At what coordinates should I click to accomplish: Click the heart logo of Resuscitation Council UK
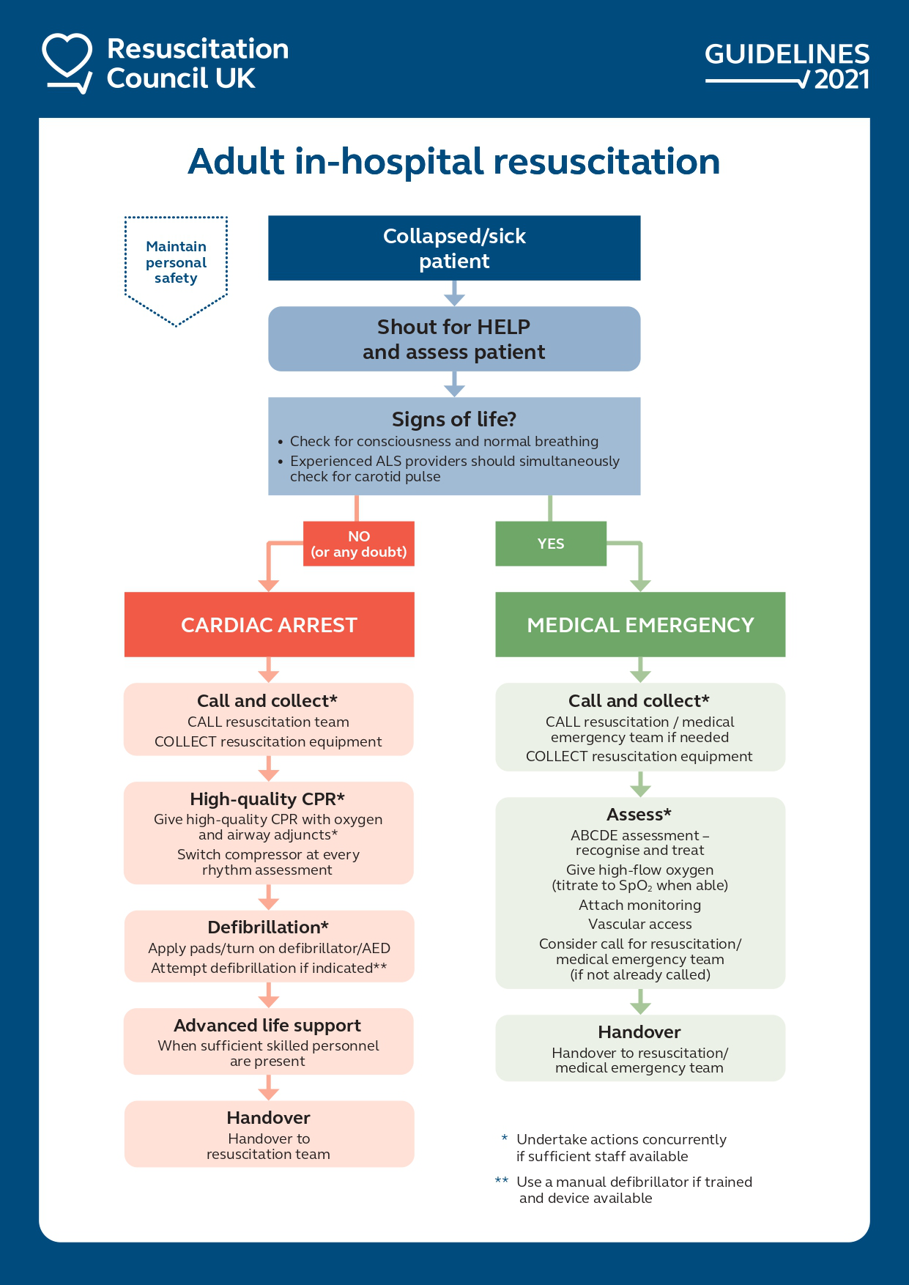tap(67, 62)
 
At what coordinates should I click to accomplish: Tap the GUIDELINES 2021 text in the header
tap(787, 65)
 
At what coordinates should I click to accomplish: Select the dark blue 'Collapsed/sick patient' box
tap(454, 248)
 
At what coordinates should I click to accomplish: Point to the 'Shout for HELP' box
tap(454, 339)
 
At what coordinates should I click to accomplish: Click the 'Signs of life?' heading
tap(454, 419)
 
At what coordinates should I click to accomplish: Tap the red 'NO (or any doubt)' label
tap(359, 544)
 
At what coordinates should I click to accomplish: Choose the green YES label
tap(551, 544)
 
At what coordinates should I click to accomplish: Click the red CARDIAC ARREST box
tap(269, 625)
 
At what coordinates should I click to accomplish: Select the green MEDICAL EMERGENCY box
tap(640, 625)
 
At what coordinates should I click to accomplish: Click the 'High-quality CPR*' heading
tap(267, 799)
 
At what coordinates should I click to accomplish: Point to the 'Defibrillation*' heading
tap(268, 927)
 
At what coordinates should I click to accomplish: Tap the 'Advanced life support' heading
tap(267, 1025)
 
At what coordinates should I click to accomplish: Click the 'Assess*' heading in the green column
tap(639, 814)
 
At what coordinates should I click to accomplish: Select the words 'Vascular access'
tap(639, 924)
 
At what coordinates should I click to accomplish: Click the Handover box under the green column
tap(640, 1048)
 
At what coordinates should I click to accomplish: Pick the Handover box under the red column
tap(269, 1133)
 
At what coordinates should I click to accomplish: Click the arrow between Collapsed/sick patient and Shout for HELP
tap(454, 294)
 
